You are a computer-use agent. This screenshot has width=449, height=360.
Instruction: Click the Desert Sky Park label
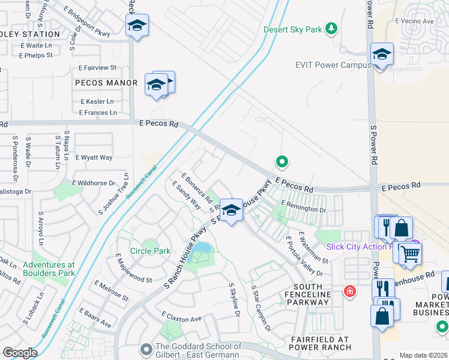(x=293, y=29)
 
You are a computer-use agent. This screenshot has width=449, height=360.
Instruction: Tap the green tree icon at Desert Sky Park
(x=330, y=28)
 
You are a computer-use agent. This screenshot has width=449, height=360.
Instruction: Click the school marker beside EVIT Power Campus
(x=382, y=55)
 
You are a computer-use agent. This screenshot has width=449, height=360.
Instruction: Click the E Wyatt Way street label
(x=94, y=158)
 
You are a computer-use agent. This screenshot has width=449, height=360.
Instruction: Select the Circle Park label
(x=150, y=251)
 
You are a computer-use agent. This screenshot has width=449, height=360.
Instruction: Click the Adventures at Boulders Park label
(x=49, y=269)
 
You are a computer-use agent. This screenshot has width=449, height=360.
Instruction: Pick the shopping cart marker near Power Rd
(x=411, y=253)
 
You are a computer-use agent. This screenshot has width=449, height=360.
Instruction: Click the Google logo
(x=20, y=353)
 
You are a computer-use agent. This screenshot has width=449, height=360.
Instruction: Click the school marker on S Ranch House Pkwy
(x=231, y=211)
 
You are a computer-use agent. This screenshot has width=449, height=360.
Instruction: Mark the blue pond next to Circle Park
(x=203, y=247)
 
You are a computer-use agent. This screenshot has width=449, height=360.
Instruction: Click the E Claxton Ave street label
(x=181, y=318)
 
